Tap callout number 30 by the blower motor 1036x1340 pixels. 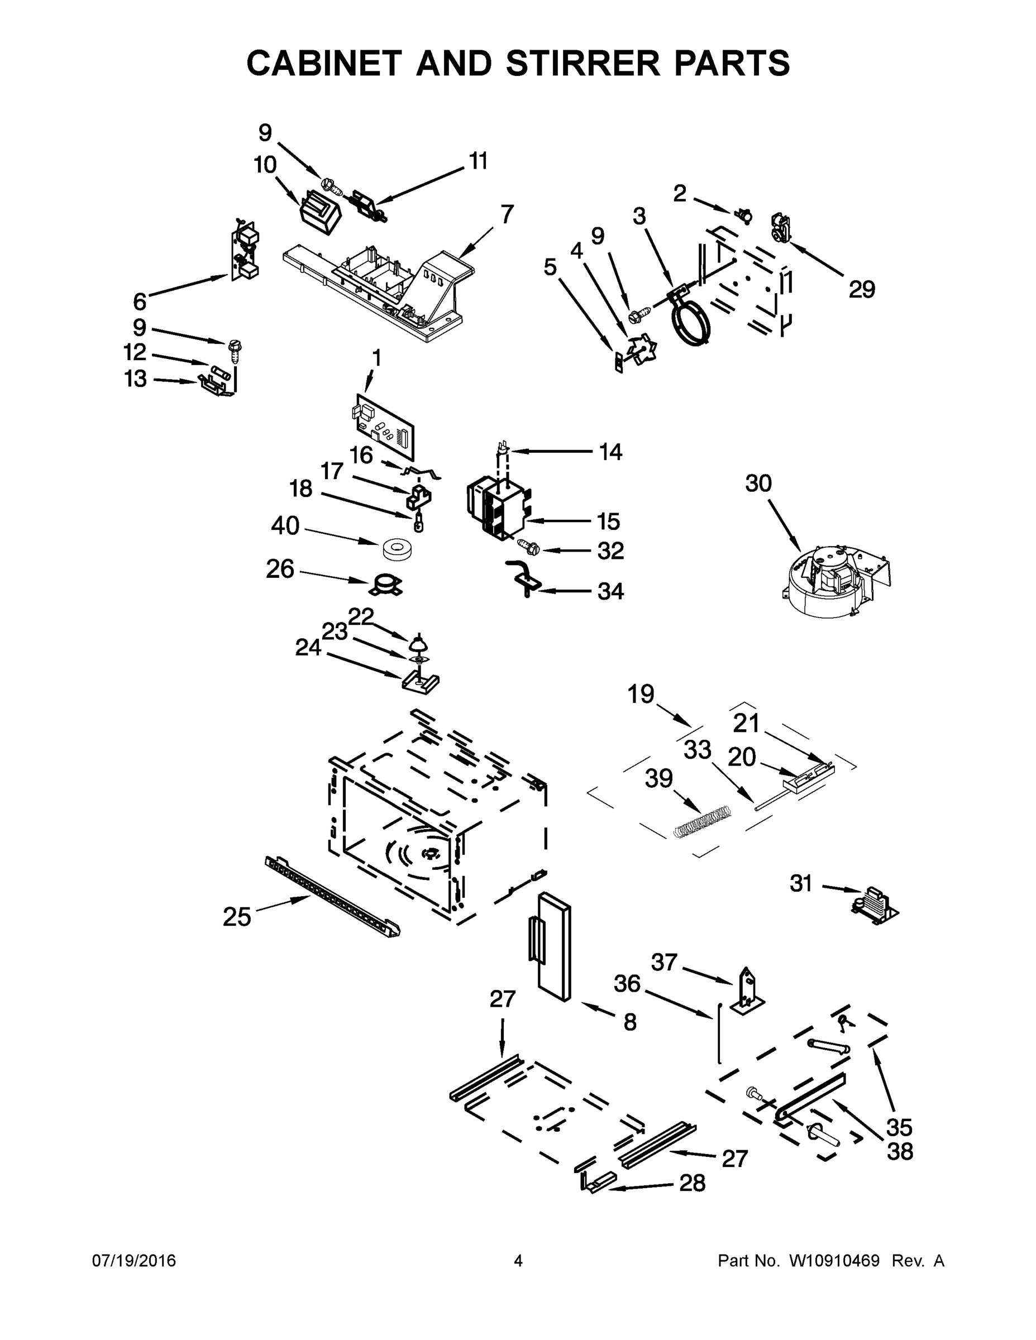(x=758, y=484)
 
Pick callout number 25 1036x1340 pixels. (x=237, y=917)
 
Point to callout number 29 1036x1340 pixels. (x=862, y=289)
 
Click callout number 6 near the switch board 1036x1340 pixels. (x=140, y=301)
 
